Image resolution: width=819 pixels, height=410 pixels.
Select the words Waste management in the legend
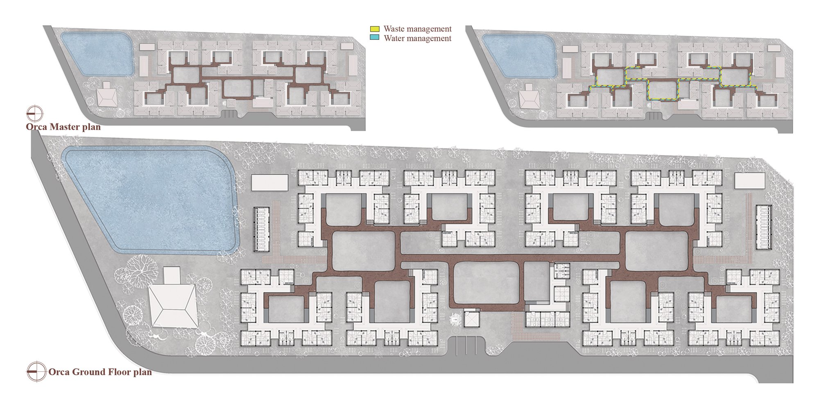[x=418, y=29]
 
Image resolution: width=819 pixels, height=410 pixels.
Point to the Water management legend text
[x=418, y=38]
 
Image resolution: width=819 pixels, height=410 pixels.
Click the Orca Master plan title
[x=63, y=127]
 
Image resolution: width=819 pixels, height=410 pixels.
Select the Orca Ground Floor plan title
[x=100, y=372]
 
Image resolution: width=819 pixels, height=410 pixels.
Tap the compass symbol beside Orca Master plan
[x=35, y=113]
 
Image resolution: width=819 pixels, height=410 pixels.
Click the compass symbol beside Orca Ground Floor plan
[x=36, y=371]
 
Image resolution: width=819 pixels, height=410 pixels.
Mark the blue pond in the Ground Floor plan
[x=149, y=200]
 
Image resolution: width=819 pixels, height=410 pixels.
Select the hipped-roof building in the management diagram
[x=529, y=98]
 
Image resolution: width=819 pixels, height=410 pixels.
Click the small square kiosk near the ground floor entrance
[x=471, y=318]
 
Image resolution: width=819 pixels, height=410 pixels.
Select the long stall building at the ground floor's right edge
[x=764, y=227]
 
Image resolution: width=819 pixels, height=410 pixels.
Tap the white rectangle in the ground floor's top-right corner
[x=749, y=181]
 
